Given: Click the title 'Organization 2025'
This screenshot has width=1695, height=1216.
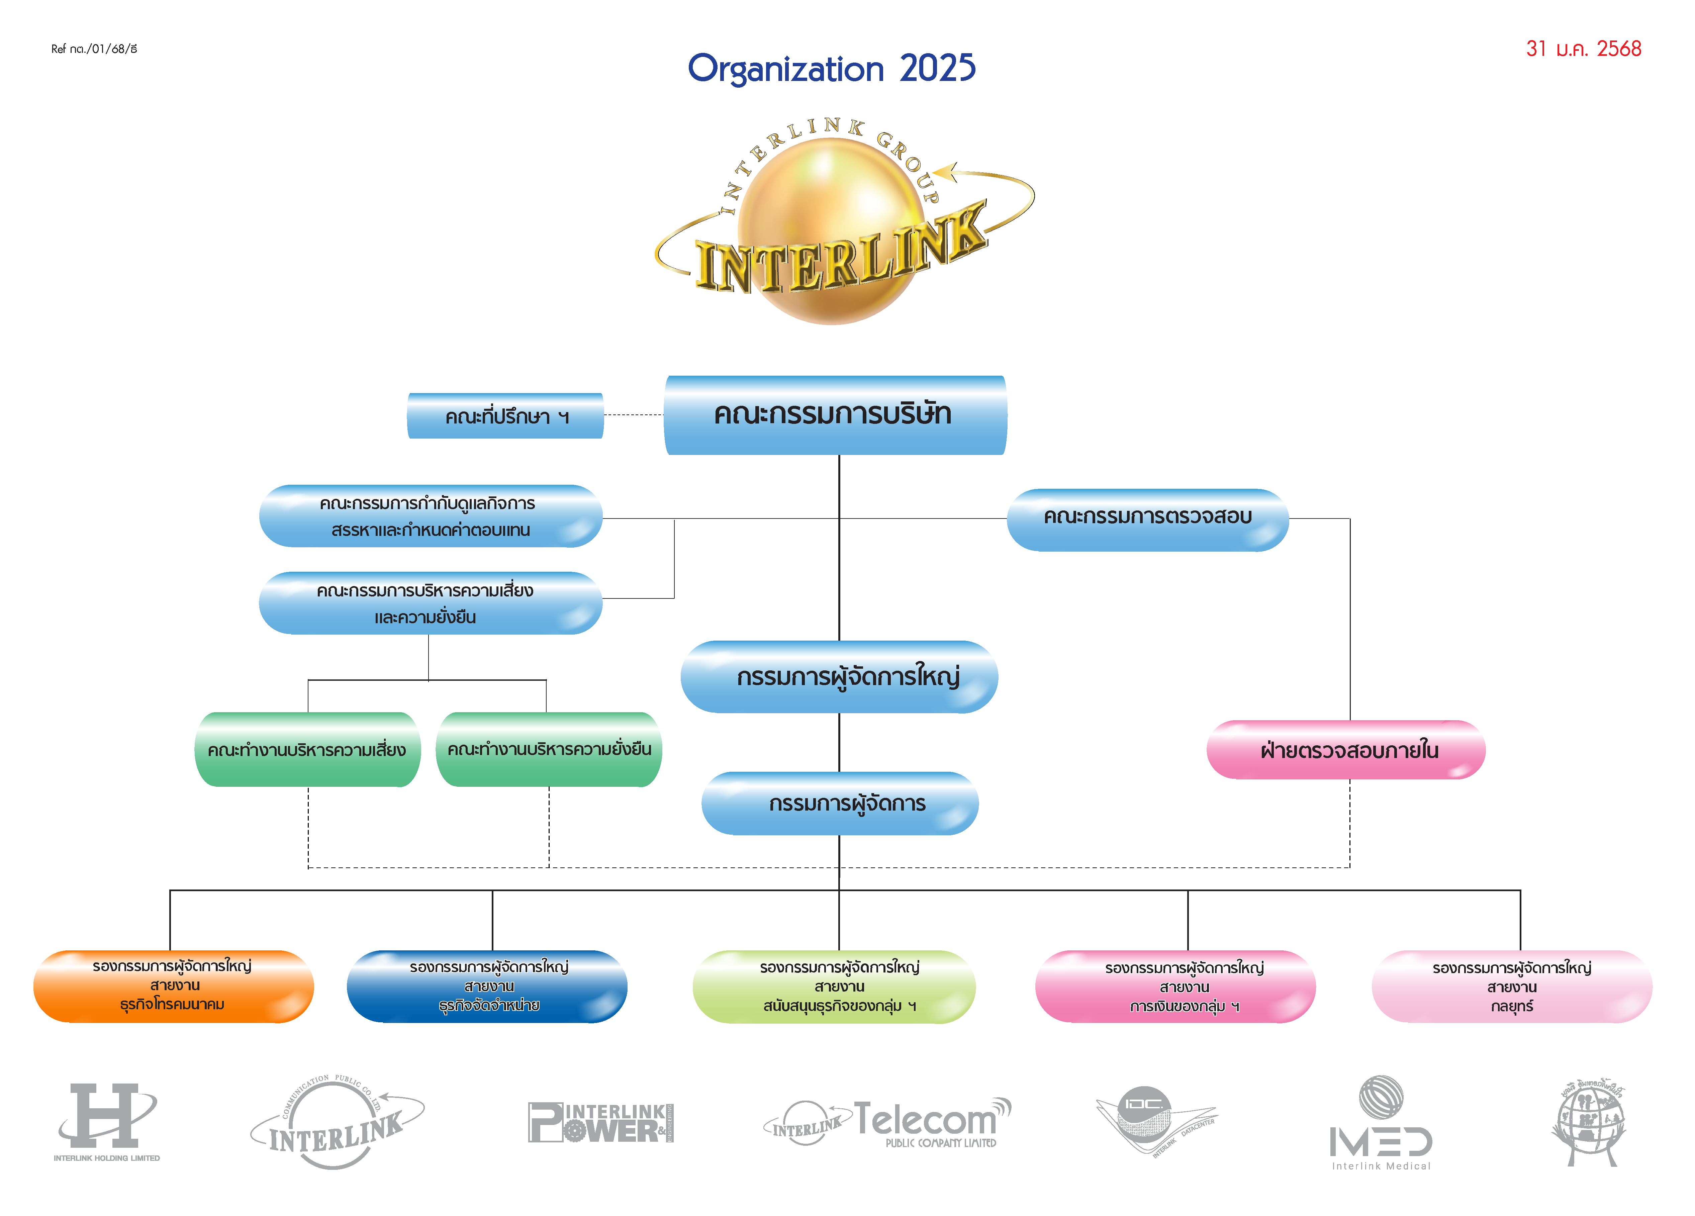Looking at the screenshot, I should pos(831,69).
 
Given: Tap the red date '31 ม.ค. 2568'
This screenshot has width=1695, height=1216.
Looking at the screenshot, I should pos(1583,49).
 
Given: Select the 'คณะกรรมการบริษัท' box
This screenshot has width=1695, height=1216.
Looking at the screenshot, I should pos(835,415).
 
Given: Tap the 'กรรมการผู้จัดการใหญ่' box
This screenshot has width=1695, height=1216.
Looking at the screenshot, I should pos(839,676).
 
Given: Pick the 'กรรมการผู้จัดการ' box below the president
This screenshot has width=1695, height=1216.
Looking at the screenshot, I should pos(839,804).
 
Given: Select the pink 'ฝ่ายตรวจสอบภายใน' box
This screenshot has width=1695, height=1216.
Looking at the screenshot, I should pos(1345,750).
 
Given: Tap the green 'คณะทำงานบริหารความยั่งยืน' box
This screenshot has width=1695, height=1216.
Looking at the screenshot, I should pos(549,750).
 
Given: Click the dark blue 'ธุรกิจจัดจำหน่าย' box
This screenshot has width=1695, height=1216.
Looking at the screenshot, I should pos(487,986).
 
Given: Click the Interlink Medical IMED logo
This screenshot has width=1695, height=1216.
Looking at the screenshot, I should pos(1380,1123).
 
